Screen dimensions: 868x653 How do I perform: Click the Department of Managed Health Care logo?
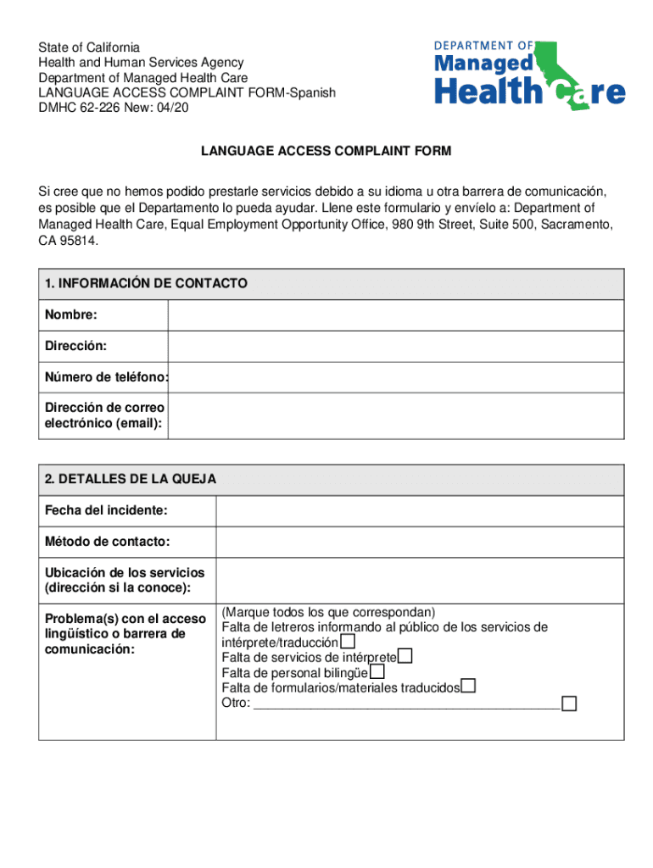pyautogui.click(x=530, y=74)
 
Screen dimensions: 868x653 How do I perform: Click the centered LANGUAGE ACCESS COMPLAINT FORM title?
pyautogui.click(x=326, y=151)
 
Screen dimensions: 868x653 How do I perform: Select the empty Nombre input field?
pyautogui.click(x=395, y=315)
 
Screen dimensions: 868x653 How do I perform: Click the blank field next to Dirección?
pyautogui.click(x=395, y=346)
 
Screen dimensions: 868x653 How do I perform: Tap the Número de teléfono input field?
pyautogui.click(x=395, y=376)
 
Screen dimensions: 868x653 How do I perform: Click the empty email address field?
pyautogui.click(x=395, y=415)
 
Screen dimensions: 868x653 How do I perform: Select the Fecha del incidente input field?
pyautogui.click(x=420, y=510)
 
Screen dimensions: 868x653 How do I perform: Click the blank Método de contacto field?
pyautogui.click(x=420, y=541)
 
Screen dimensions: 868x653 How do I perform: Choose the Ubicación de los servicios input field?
pyautogui.click(x=420, y=580)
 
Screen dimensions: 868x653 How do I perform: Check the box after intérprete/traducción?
pyautogui.click(x=348, y=642)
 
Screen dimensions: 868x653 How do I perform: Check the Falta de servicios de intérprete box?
pyautogui.click(x=405, y=656)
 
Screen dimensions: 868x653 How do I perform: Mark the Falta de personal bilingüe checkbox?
pyautogui.click(x=377, y=671)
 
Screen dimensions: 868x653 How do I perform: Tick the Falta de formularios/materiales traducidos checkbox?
pyautogui.click(x=468, y=687)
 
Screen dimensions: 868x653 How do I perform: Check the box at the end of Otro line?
pyautogui.click(x=569, y=703)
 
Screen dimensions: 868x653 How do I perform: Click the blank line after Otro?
pyautogui.click(x=407, y=703)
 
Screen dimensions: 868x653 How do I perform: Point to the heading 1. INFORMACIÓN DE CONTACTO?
pyautogui.click(x=146, y=284)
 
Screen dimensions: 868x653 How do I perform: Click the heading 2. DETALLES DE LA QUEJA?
pyautogui.click(x=131, y=479)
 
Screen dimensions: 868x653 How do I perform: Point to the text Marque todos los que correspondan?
pyautogui.click(x=328, y=612)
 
